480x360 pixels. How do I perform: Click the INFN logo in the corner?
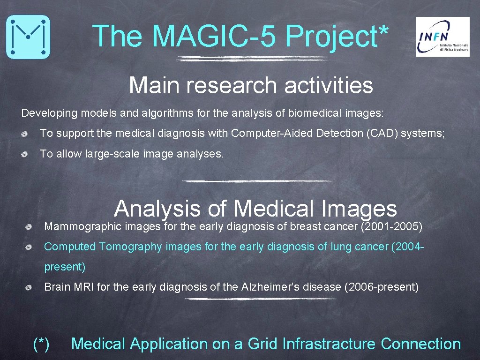coord(442,37)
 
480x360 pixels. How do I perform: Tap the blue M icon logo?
coord(28,37)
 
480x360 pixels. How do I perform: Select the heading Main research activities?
coord(251,85)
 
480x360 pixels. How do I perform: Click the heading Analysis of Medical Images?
coord(255,208)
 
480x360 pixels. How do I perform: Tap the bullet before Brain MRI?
coord(29,287)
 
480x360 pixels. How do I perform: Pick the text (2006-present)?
coord(381,287)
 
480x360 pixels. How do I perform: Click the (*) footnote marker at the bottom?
coord(41,344)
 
